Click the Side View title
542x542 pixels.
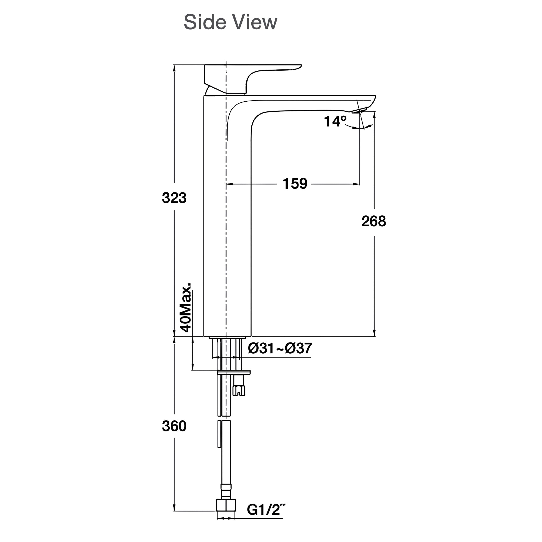pyautogui.click(x=230, y=22)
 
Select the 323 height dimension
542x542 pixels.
pyautogui.click(x=174, y=198)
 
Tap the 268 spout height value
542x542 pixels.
pyautogui.click(x=374, y=221)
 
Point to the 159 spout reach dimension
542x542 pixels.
pyautogui.click(x=295, y=184)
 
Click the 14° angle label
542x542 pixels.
pyautogui.click(x=335, y=121)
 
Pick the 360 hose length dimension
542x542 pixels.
pyautogui.click(x=174, y=426)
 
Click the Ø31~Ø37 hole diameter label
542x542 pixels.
pyautogui.click(x=280, y=349)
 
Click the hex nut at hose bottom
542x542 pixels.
pyautogui.click(x=226, y=513)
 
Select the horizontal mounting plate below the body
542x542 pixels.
pyautogui.click(x=234, y=372)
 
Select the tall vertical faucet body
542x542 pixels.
pyautogui.click(x=227, y=224)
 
